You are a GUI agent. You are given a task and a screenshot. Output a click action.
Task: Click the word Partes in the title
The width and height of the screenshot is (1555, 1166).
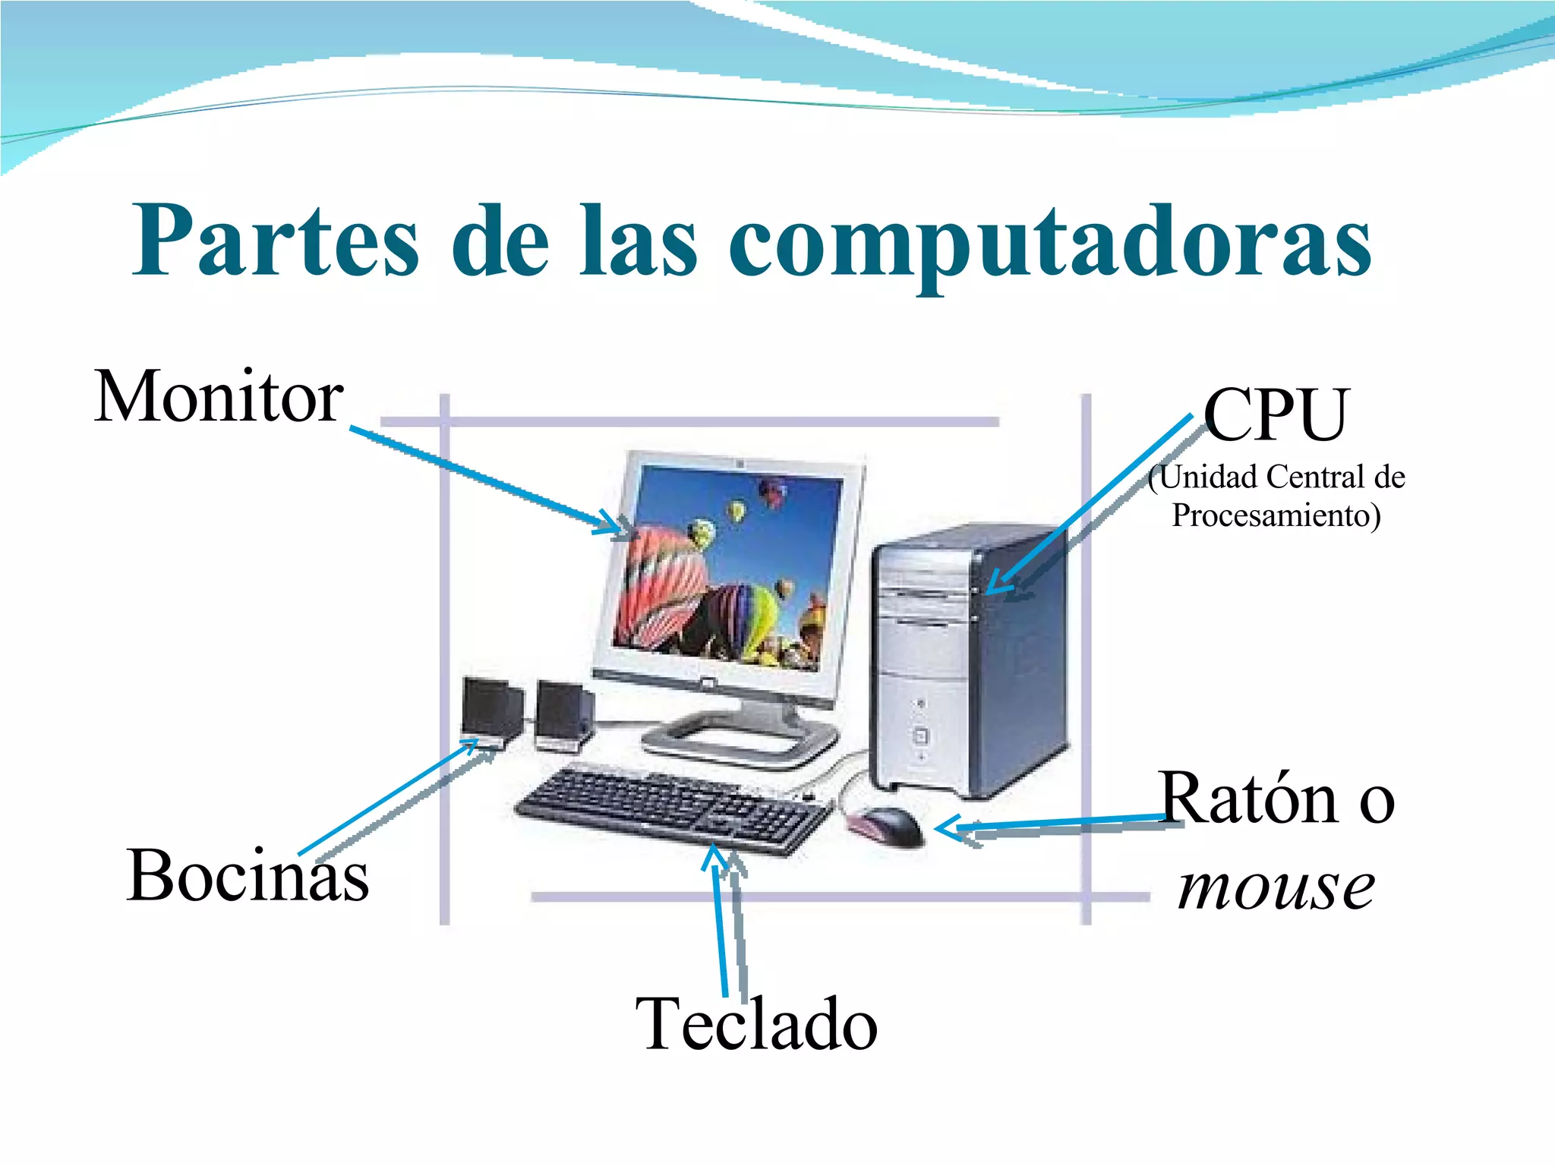275,241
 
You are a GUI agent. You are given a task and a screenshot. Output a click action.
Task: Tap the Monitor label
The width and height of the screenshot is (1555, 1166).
219,397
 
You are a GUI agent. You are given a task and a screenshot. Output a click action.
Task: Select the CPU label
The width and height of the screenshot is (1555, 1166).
1276,415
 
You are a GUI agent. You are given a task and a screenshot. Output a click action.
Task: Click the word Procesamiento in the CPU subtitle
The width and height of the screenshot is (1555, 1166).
1276,515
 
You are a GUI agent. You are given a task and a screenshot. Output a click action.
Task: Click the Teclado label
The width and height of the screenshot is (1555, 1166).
756,1024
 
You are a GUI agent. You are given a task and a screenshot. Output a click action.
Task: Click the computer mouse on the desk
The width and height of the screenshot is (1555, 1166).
888,825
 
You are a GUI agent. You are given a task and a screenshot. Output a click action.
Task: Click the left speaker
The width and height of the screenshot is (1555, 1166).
492,710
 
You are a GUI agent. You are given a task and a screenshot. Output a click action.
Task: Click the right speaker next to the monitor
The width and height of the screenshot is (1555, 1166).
563,714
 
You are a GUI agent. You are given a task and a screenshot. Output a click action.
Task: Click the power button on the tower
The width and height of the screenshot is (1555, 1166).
920,736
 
